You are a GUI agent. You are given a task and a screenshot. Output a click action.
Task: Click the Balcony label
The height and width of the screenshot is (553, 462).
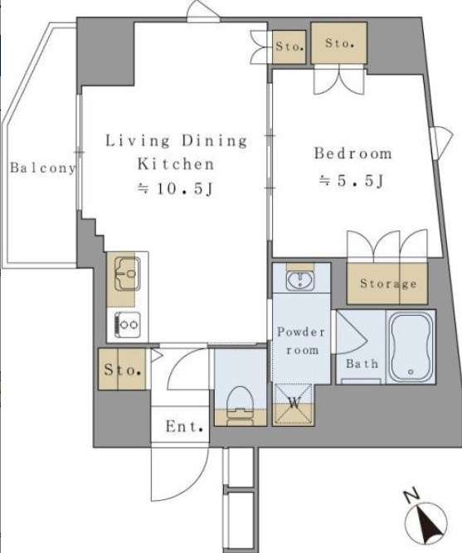(x=42, y=167)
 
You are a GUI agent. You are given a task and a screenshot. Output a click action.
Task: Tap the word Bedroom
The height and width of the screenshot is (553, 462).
(x=353, y=153)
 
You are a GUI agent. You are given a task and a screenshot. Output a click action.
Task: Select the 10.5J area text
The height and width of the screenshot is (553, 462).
(x=175, y=189)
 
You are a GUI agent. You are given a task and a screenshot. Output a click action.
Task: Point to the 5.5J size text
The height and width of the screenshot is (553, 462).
(x=352, y=181)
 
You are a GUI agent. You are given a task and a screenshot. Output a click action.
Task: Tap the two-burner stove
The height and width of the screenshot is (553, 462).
(x=127, y=324)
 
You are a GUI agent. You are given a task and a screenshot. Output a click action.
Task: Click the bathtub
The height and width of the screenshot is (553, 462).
(x=411, y=347)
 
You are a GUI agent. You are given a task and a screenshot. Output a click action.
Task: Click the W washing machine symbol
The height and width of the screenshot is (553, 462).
(x=294, y=404)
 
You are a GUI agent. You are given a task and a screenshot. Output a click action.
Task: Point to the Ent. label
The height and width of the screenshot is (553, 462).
(x=185, y=427)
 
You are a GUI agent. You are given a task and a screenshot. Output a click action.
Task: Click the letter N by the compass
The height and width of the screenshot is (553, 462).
(x=411, y=495)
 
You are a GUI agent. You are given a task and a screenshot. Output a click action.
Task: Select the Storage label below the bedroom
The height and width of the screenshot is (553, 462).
(x=388, y=284)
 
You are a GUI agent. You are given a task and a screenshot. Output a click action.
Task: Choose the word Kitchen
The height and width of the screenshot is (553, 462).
(x=175, y=164)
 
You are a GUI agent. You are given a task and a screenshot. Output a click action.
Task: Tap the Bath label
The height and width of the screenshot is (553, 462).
(x=362, y=364)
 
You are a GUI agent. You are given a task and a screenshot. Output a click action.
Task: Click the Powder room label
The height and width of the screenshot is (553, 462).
(x=301, y=341)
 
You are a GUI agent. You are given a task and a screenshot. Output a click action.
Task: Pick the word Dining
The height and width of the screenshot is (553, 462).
(x=214, y=141)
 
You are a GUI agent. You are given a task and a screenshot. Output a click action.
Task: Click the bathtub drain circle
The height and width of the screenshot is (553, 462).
(x=411, y=371)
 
